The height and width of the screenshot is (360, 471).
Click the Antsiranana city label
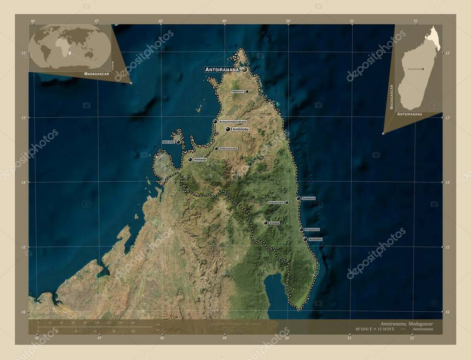point(222,69)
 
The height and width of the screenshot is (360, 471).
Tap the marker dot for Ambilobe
point(228,130)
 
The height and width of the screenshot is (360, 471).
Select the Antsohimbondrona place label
point(233,121)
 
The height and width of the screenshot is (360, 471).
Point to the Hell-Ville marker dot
point(178,142)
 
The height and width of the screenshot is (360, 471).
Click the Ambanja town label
point(200,160)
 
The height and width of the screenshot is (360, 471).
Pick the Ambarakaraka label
point(229,149)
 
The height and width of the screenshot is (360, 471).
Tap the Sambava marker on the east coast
point(298,198)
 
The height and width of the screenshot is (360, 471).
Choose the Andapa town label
point(274,223)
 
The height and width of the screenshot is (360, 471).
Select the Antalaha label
point(316,240)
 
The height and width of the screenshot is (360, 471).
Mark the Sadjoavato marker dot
point(247,91)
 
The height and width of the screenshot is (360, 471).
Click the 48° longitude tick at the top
point(161,21)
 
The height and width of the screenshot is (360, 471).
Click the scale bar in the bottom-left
point(94,327)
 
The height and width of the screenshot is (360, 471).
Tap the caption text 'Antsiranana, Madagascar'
point(407,324)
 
